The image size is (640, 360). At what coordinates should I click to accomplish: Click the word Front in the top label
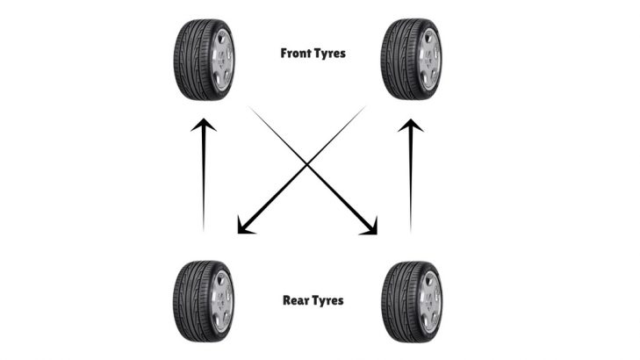point(297,53)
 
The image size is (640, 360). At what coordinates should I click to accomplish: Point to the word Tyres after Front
point(332,53)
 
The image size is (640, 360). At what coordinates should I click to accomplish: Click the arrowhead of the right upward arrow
point(410,126)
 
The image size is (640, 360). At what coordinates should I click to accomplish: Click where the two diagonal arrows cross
point(307,162)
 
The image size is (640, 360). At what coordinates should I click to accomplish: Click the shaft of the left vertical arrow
point(204,184)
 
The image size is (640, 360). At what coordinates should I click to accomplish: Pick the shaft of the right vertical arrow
point(410,184)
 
